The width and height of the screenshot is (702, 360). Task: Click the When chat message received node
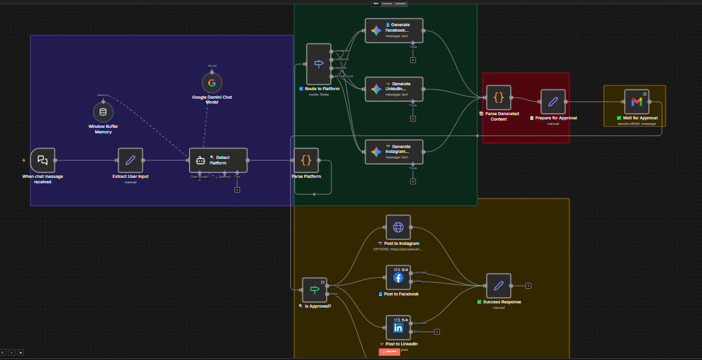tap(42, 160)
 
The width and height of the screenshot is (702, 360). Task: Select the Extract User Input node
tap(130, 160)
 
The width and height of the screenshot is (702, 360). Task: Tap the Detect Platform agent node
tap(218, 160)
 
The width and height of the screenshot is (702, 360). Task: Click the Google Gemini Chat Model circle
tap(212, 83)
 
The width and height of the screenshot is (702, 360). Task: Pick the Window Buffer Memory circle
tap(103, 112)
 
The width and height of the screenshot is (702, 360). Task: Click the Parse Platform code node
tap(306, 160)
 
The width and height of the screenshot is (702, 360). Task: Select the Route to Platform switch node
tap(319, 64)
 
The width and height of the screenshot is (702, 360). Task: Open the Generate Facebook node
tap(394, 30)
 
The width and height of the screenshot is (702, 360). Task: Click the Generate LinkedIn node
tap(394, 89)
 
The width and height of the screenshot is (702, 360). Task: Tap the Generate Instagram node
tap(394, 152)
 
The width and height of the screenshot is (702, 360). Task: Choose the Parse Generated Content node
tap(498, 97)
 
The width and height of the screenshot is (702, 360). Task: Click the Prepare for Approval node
tap(553, 102)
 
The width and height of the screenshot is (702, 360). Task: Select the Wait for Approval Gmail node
tap(637, 102)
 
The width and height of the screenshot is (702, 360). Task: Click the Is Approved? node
tap(314, 290)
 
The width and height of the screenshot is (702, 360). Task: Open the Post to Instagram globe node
tap(398, 227)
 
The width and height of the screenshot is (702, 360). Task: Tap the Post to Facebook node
tap(398, 277)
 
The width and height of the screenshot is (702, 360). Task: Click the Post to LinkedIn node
tap(398, 328)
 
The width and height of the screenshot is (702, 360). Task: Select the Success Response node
tap(498, 286)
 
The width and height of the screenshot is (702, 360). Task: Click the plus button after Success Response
tap(528, 286)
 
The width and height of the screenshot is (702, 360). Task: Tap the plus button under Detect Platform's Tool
tap(237, 189)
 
